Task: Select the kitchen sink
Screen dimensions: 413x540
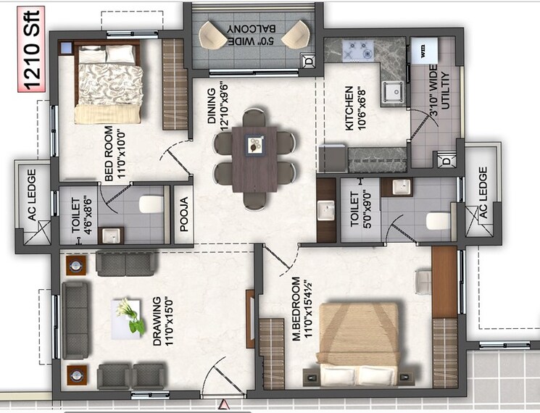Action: [394, 91]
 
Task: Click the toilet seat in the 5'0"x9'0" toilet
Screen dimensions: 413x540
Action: [439, 220]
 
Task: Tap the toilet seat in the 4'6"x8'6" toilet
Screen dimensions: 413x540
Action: [151, 204]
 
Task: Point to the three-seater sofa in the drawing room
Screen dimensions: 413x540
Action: [73, 320]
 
